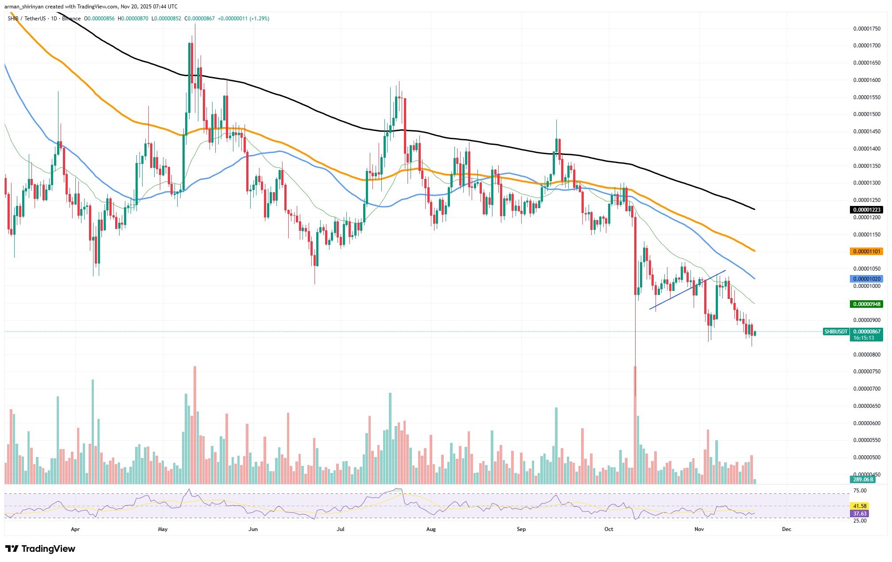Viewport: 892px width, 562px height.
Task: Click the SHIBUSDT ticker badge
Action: [x=836, y=332]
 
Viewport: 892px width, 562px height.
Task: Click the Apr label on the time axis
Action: [x=75, y=529]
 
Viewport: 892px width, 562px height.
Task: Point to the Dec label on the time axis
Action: [x=787, y=529]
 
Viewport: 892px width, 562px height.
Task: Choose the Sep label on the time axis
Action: [x=521, y=529]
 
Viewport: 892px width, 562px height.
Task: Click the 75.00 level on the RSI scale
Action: [x=860, y=491]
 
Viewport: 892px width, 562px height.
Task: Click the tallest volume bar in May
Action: [x=194, y=425]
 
